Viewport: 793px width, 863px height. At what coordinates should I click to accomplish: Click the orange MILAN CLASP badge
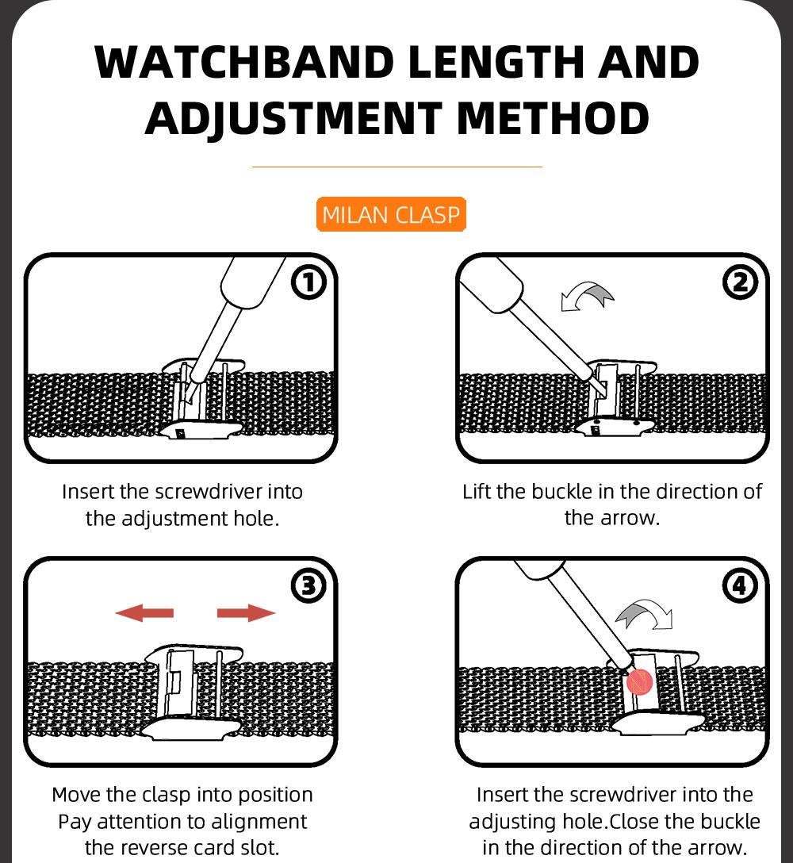[x=391, y=214]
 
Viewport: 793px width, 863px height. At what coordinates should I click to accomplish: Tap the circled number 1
[x=308, y=283]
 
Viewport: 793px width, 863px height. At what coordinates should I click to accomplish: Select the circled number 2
[x=740, y=283]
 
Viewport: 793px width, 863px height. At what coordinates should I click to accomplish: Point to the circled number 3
[x=308, y=586]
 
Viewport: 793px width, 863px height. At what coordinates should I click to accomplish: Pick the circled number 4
[x=740, y=586]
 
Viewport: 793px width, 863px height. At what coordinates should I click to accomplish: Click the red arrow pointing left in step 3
[x=144, y=612]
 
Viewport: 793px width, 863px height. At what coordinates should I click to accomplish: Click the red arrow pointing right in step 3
[x=246, y=612]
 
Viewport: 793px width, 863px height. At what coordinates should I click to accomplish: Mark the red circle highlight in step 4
[x=639, y=682]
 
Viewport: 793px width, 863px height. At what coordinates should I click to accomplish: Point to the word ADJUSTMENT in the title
[x=294, y=119]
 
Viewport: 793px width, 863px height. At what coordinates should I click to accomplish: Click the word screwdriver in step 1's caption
[x=209, y=492]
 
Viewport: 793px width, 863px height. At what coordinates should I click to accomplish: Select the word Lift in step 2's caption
[x=477, y=492]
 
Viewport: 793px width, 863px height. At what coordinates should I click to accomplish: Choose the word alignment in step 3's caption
[x=259, y=822]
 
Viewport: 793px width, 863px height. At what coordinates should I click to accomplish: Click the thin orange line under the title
[x=396, y=167]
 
